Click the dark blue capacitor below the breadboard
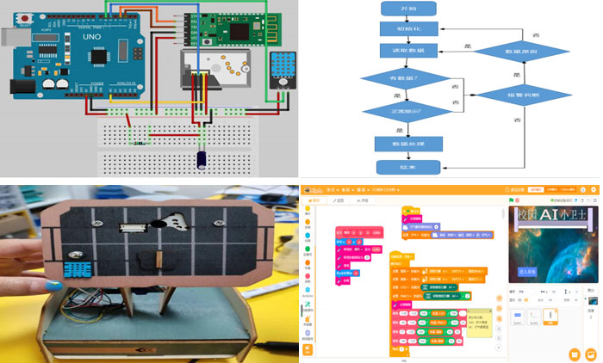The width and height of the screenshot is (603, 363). [201, 159]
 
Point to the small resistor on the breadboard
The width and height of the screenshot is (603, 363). [138, 144]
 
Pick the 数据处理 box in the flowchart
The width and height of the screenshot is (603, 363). [407, 144]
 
